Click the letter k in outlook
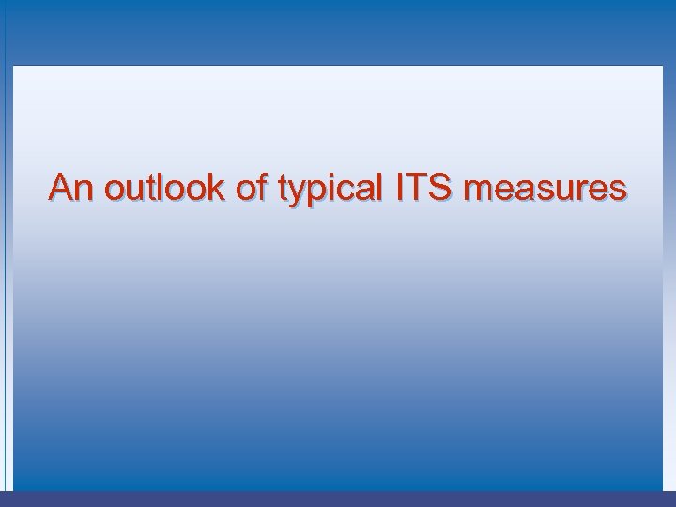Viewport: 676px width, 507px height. coord(220,188)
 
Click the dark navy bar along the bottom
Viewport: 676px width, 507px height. coord(338,499)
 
